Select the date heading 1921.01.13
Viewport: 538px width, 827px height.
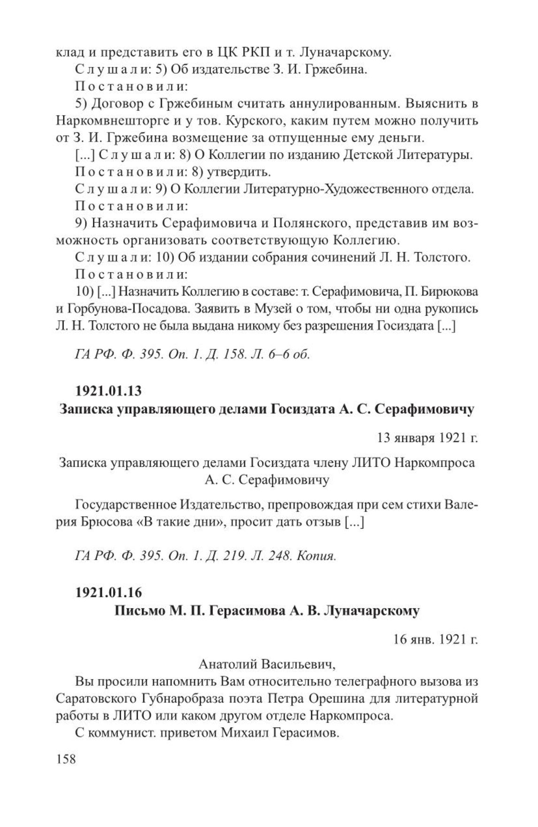tap(108, 391)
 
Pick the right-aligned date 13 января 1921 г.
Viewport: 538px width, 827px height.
tap(427, 438)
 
